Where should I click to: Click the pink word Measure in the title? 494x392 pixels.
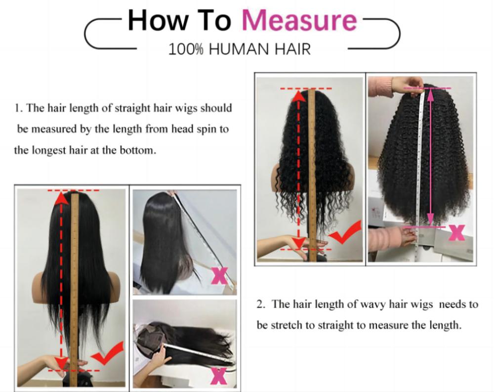299,21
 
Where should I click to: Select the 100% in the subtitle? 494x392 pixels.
187,49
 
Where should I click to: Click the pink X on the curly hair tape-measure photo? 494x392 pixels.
456,232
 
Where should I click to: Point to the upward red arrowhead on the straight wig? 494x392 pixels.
61,199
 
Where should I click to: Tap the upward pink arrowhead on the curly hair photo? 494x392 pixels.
431,95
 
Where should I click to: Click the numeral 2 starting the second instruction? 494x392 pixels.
259,304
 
